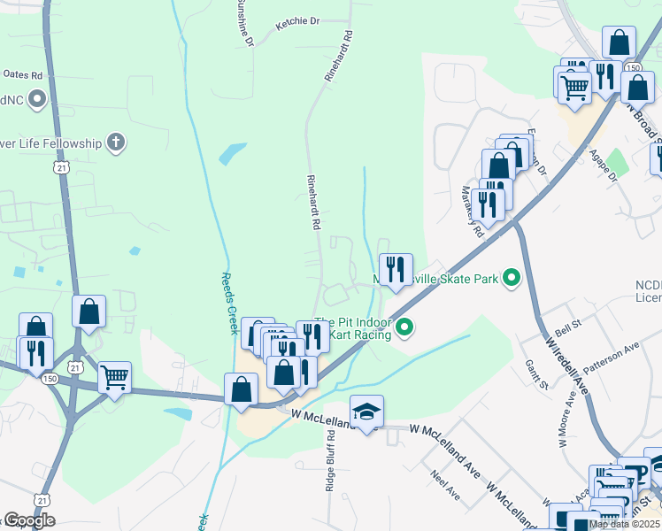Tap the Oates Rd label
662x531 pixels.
click(x=23, y=75)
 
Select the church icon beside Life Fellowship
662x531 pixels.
click(x=115, y=142)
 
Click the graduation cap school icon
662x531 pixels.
click(x=366, y=412)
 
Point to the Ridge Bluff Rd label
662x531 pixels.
click(x=329, y=460)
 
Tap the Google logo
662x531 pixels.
click(x=28, y=520)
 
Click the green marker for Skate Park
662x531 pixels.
click(x=512, y=279)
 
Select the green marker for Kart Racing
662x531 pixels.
click(x=404, y=327)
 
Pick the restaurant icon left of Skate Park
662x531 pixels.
click(x=396, y=269)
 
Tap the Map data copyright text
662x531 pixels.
click(x=624, y=524)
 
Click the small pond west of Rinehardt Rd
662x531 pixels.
click(x=232, y=152)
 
